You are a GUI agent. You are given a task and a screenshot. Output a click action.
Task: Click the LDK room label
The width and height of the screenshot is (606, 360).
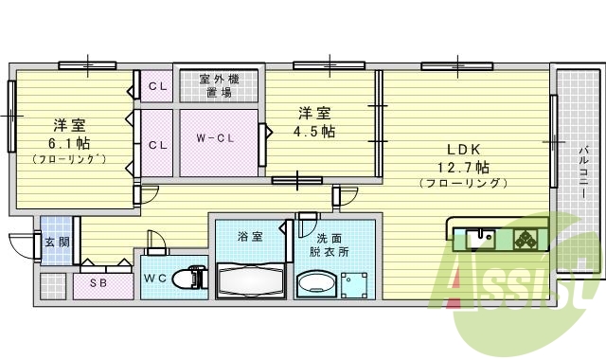click(465, 150)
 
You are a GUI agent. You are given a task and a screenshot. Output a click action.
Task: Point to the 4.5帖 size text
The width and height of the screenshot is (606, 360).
click(316, 132)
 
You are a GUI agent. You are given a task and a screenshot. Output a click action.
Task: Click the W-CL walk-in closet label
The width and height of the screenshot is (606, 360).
click(216, 138)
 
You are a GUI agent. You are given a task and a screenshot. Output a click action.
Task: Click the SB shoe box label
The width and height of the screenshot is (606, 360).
click(98, 281)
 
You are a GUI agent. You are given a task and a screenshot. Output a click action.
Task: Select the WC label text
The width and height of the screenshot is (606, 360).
click(157, 278)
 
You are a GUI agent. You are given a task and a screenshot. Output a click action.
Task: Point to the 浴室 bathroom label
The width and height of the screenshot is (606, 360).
click(251, 234)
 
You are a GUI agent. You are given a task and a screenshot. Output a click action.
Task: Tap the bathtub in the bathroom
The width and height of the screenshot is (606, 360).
click(251, 280)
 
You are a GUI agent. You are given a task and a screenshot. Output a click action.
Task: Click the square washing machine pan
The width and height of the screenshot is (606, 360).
click(356, 283)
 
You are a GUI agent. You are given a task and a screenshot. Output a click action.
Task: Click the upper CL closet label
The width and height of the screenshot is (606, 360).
click(157, 88)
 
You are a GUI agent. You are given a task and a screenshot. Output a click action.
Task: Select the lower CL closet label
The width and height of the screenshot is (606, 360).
click(157, 145)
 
